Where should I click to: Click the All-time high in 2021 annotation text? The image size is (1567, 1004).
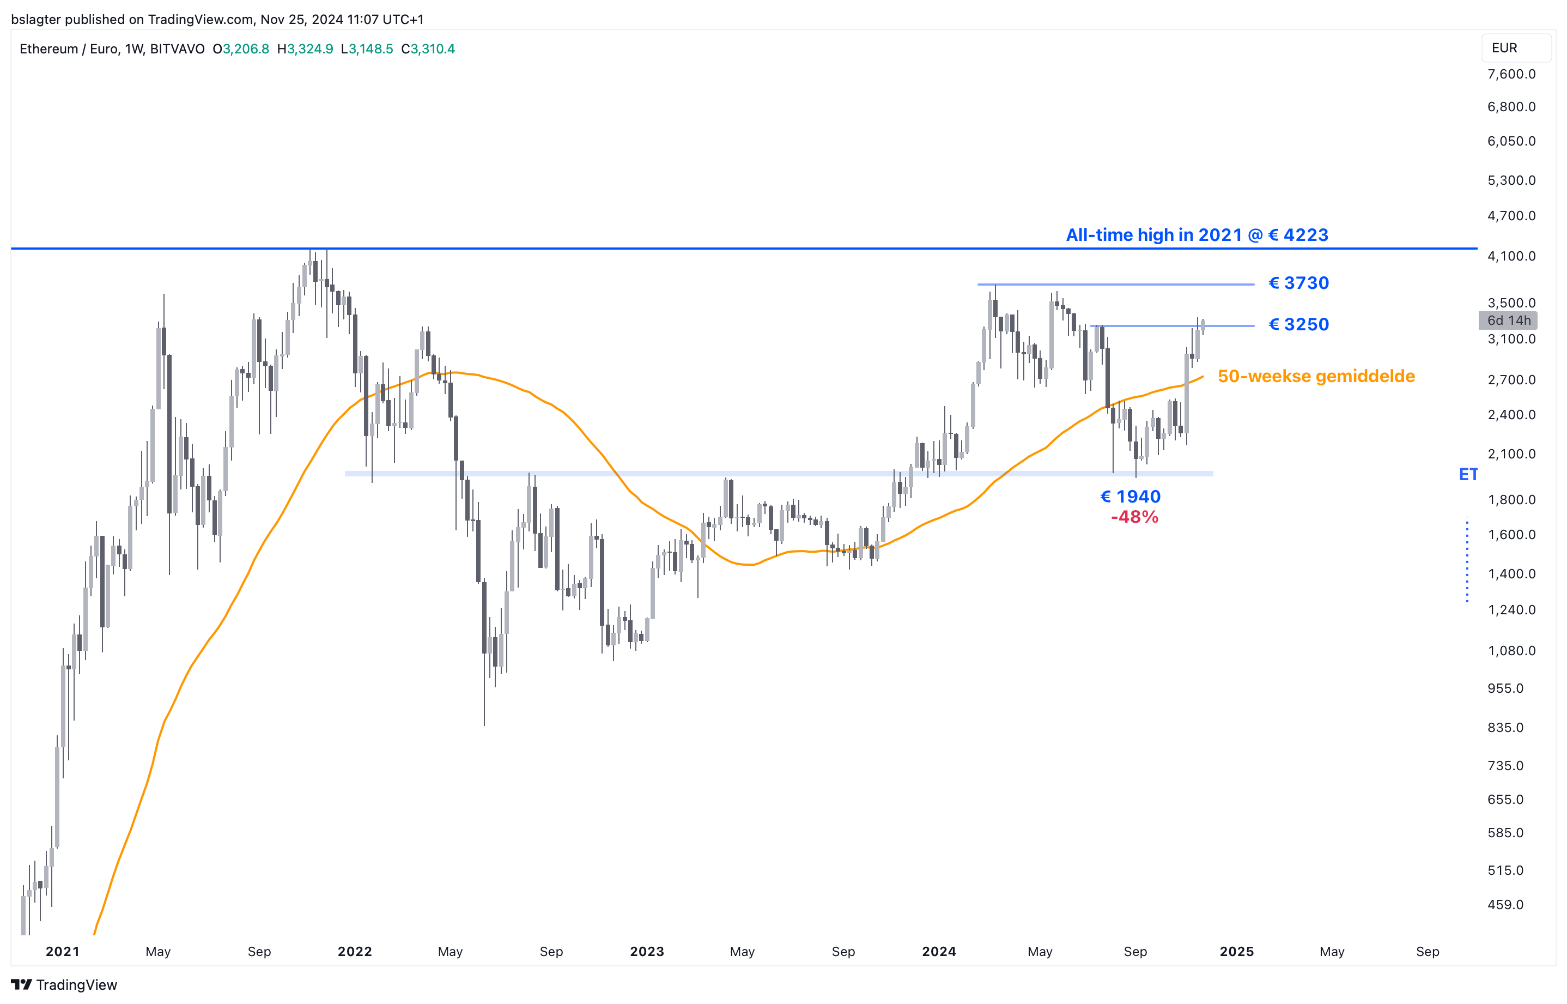click(x=1196, y=235)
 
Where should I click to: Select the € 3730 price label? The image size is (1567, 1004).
click(x=1298, y=283)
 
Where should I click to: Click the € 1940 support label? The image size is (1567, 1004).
click(x=1130, y=497)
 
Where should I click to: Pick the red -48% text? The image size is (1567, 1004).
click(x=1134, y=517)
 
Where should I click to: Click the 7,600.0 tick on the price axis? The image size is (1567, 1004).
click(x=1511, y=74)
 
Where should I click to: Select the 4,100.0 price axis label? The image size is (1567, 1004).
click(x=1511, y=256)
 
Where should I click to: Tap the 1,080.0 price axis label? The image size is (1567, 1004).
click(x=1511, y=651)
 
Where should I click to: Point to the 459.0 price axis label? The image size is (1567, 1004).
click(x=1505, y=905)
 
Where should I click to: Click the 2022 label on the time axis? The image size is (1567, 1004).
click(x=355, y=951)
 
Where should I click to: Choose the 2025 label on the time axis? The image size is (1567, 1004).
click(x=1236, y=951)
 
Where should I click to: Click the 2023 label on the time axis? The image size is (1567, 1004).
click(x=646, y=951)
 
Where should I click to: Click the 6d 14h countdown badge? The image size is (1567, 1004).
click(x=1508, y=320)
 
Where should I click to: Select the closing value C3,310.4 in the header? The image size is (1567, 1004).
click(x=428, y=49)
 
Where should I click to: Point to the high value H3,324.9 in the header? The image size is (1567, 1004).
click(x=305, y=49)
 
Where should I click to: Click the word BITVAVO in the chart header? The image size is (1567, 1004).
click(x=177, y=49)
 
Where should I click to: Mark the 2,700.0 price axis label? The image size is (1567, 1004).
click(x=1511, y=380)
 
